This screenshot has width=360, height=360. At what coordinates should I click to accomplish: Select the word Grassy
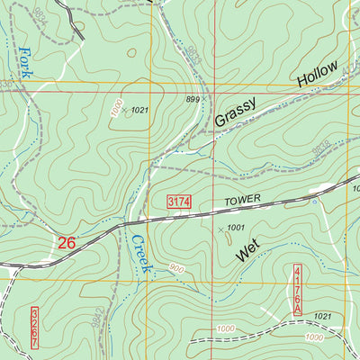(236, 112)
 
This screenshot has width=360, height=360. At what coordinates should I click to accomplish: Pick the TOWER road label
(229, 203)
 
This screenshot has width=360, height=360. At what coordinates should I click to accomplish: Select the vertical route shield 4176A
(299, 290)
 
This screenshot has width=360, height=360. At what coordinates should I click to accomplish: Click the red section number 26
(67, 242)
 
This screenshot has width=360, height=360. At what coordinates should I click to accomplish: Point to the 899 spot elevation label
(191, 100)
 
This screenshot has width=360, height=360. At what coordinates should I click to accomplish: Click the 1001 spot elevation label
(237, 228)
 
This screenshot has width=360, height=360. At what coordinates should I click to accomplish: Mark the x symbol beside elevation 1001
(220, 229)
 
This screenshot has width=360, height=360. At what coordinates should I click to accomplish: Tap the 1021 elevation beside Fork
(138, 110)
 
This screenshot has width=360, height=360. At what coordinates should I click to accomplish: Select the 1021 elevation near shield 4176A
(324, 316)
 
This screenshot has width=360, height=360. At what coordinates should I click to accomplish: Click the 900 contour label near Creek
(175, 269)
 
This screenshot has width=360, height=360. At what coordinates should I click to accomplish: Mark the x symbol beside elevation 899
(205, 100)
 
